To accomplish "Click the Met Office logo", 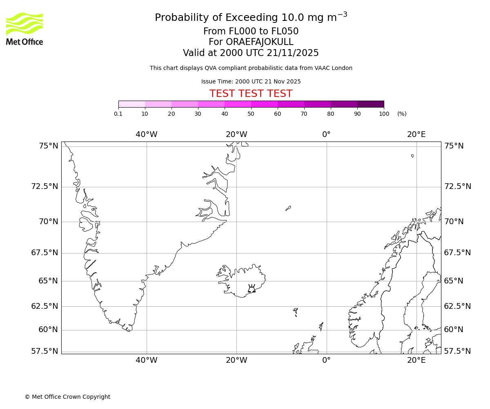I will (x=24, y=29).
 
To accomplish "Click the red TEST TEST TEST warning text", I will (x=251, y=94).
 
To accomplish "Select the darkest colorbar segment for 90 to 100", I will (x=370, y=104).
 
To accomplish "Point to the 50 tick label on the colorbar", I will (x=251, y=114).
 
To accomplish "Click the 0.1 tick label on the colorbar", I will (x=118, y=114).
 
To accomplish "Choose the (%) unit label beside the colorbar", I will (x=402, y=114).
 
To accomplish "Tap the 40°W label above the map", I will (x=147, y=135).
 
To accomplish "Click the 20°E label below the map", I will (x=416, y=360).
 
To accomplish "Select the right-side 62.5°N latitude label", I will (x=457, y=306).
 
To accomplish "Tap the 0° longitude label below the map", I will (x=326, y=360).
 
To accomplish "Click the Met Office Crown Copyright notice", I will (x=67, y=397).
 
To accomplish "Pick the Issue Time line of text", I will (x=251, y=81).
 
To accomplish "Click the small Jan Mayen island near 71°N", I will (x=288, y=208).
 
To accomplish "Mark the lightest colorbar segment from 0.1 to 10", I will (x=131, y=104).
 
